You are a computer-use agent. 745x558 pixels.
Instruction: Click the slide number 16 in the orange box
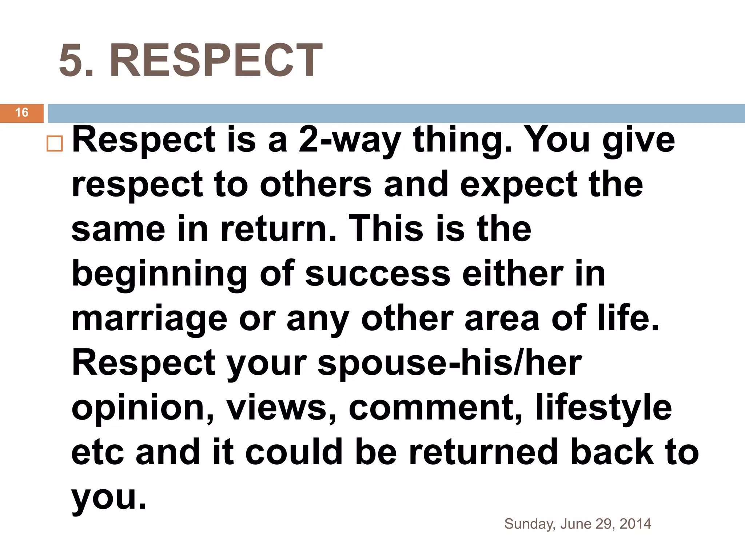click(22, 113)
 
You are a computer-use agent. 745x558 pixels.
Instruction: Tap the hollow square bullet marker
click(55, 144)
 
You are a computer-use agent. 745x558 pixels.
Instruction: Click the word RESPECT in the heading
click(216, 60)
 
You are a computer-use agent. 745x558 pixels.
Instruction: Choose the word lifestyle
click(603, 408)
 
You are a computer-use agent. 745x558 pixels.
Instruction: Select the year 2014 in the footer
click(635, 524)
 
